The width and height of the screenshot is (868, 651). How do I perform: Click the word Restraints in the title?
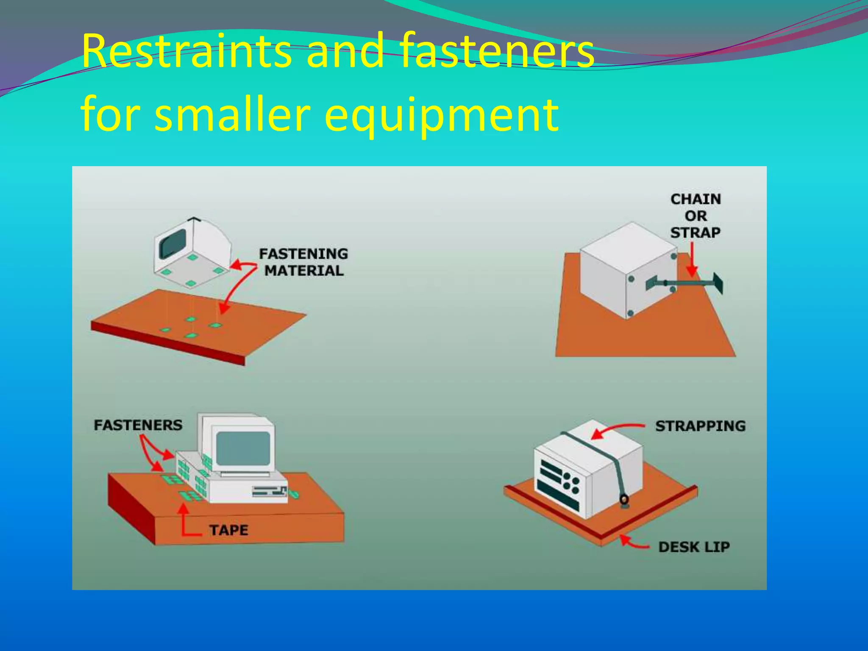(186, 51)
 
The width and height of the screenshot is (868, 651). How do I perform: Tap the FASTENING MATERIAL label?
(303, 262)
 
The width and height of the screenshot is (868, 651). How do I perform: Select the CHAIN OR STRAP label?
(696, 216)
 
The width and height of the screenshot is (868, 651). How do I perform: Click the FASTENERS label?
(138, 425)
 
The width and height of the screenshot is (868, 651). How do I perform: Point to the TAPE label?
(228, 530)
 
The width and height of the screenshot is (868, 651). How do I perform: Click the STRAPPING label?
(700, 426)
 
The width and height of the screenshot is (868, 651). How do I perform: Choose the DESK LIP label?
(694, 547)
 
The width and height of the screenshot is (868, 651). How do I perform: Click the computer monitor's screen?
(243, 448)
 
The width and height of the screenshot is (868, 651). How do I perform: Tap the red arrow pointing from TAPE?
(185, 521)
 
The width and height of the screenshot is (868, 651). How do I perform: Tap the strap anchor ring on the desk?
(624, 500)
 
